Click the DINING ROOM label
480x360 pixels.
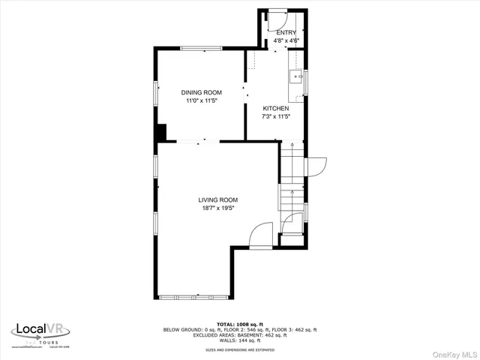201,92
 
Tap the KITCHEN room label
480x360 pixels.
275,108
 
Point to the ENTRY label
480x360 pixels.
286,33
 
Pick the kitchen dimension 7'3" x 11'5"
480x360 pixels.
275,116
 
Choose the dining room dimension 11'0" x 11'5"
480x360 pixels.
201,100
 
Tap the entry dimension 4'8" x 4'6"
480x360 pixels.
286,40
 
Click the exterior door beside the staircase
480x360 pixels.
315,165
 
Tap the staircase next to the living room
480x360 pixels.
292,187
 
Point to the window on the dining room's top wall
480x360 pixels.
201,49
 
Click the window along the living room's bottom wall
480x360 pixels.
195,297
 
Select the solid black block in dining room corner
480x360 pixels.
160,133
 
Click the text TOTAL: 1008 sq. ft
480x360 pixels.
241,324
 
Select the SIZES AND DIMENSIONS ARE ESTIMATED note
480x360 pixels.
241,349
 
